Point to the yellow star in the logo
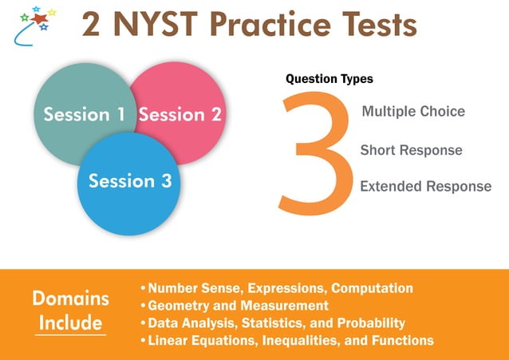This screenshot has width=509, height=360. [52, 12]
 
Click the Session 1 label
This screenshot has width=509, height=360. [84, 114]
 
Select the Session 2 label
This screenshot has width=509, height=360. [180, 114]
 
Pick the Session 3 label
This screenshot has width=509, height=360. [130, 180]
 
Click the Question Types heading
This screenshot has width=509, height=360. [329, 79]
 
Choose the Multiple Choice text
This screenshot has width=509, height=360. [412, 112]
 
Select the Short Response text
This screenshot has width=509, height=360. [411, 150]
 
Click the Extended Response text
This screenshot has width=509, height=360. [425, 187]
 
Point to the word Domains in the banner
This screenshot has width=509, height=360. [70, 299]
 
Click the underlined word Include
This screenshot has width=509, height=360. [70, 323]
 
